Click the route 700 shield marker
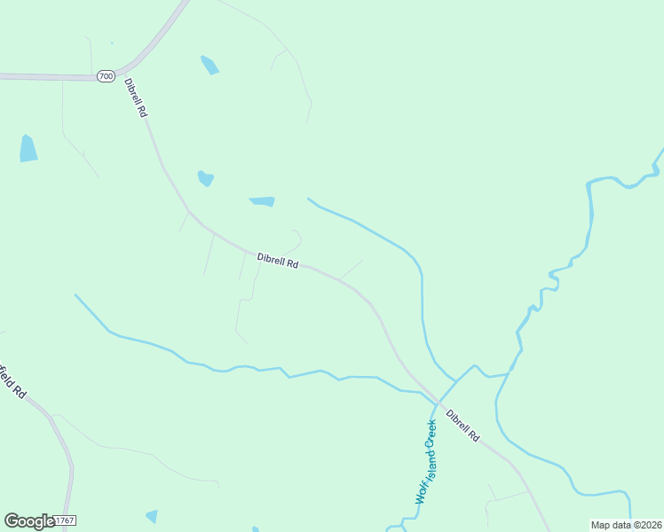(x=107, y=76)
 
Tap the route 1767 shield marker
(x=64, y=520)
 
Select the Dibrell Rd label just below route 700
(x=136, y=98)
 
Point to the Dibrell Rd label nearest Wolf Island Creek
(x=462, y=426)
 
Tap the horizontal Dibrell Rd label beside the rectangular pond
(x=278, y=262)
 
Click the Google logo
(x=28, y=520)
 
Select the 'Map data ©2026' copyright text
(x=626, y=525)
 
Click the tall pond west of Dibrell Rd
(x=28, y=148)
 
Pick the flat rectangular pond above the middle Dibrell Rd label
(x=263, y=201)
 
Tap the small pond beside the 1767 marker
(x=152, y=515)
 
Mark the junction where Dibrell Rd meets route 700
(x=124, y=71)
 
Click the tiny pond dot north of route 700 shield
(x=112, y=43)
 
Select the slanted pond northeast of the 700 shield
(x=209, y=65)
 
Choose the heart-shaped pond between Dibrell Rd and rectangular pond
(x=206, y=178)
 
